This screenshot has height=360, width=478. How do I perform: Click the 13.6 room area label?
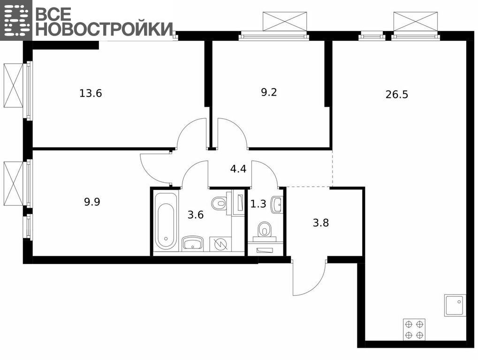coord(91,93)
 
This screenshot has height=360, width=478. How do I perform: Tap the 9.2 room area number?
coord(269,92)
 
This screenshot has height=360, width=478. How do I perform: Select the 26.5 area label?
coord(396,94)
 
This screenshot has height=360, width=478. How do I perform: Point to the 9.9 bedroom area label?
coord(92,202)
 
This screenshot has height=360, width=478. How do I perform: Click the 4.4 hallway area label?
coord(238,168)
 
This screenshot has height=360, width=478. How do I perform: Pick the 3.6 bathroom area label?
coord(196,215)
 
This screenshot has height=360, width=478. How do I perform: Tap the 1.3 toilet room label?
coord(258,203)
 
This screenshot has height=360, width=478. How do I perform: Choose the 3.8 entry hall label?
coord(321,223)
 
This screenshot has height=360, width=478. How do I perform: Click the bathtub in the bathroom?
coord(165,221)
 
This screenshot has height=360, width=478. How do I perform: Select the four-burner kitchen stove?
coord(414,329)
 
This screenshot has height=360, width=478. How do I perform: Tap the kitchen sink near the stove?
coord(455,305)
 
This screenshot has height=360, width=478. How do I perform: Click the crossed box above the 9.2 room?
coord(285,21)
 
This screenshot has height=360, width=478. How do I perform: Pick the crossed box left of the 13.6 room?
coord(14,85)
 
